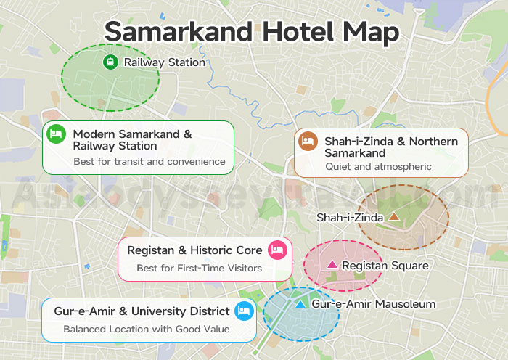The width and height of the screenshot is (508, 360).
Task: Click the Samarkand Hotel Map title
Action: [252, 32]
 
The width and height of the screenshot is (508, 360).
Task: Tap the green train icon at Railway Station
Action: [110, 62]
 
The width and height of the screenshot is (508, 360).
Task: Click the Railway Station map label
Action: [164, 62]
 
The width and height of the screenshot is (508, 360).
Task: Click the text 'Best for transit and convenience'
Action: [149, 161]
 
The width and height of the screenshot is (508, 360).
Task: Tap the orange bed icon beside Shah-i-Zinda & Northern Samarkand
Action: [307, 142]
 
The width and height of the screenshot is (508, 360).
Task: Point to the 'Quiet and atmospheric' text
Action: [378, 167]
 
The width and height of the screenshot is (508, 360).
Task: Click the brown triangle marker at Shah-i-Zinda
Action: [394, 216]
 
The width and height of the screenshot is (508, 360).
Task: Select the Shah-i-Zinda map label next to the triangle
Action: [350, 217]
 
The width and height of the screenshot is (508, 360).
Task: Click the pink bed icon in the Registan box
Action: [276, 250]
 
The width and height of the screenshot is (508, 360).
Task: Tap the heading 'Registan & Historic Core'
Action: [194, 250]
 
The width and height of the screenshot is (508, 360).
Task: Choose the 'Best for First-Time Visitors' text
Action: [199, 269]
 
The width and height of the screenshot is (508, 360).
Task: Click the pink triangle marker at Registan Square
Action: [332, 265]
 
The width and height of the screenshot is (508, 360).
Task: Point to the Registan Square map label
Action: [385, 266]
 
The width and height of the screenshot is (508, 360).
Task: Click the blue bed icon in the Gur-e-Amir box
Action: [244, 311]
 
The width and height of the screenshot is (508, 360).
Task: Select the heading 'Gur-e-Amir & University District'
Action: [142, 311]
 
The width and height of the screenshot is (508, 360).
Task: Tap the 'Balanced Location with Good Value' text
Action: [146, 329]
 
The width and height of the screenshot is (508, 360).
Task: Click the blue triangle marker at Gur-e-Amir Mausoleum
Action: [300, 305]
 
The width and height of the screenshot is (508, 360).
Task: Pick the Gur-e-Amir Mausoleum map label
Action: [373, 305]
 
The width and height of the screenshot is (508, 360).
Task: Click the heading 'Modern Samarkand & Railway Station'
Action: [132, 140]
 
